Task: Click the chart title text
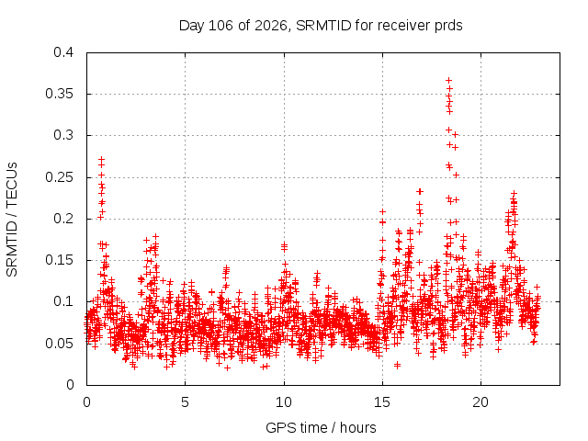(321, 26)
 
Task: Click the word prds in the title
(448, 26)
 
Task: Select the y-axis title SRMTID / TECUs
(12, 220)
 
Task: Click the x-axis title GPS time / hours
(321, 427)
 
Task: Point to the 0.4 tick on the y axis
(63, 52)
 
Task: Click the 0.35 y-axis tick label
(59, 94)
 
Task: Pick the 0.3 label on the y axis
(63, 135)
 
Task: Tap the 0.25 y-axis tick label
(59, 177)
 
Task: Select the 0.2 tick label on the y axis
(63, 219)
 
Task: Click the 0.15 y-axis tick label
(59, 260)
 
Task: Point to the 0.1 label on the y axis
(63, 301)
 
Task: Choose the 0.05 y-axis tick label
(59, 344)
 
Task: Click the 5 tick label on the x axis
(186, 402)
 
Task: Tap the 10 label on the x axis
(284, 402)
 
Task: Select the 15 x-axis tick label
(382, 402)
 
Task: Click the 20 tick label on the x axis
(481, 402)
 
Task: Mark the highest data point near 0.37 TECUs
(449, 81)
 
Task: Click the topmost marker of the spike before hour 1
(102, 159)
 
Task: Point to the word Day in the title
(191, 26)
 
